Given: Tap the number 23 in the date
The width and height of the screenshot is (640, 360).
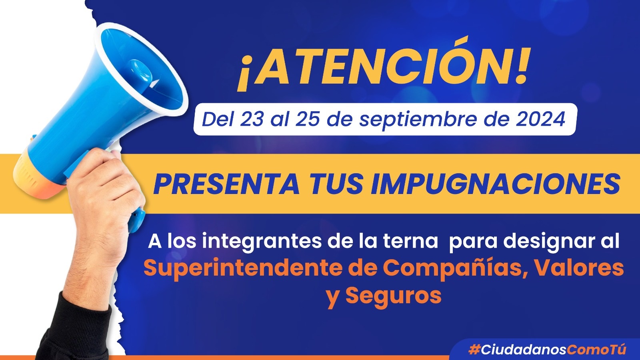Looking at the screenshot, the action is pos(251,119).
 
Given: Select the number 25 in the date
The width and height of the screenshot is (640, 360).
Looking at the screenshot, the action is pos(308,119).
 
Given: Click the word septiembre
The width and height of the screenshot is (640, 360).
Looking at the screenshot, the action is pos(418,120).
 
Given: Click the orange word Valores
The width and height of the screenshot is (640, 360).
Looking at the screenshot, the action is pos(578,268).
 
